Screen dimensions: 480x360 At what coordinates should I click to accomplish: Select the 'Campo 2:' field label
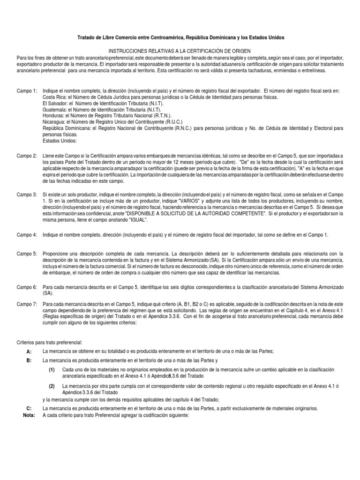pyautogui.click(x=27, y=156)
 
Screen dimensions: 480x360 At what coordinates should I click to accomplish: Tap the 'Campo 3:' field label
pyautogui.click(x=27, y=194)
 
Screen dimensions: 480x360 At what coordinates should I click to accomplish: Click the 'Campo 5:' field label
pyautogui.click(x=27, y=253)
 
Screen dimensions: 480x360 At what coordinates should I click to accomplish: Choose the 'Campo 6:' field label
pyautogui.click(x=27, y=286)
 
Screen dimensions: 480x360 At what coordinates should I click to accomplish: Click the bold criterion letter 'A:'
pyautogui.click(x=29, y=351)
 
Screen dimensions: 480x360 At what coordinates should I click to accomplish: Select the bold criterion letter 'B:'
pyautogui.click(x=29, y=360)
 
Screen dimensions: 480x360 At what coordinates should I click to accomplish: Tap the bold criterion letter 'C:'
pyautogui.click(x=29, y=408)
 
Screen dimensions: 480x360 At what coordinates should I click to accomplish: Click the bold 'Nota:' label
pyautogui.click(x=29, y=415)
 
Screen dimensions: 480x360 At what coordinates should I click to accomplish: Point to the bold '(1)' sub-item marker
pyautogui.click(x=52, y=369)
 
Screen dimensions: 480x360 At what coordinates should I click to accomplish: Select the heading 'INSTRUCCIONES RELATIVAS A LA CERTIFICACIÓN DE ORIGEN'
pyautogui.click(x=180, y=50)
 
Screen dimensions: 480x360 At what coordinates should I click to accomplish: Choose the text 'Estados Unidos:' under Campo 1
pyautogui.click(x=59, y=141)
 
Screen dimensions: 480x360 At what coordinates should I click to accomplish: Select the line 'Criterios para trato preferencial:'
pyautogui.click(x=56, y=343)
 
